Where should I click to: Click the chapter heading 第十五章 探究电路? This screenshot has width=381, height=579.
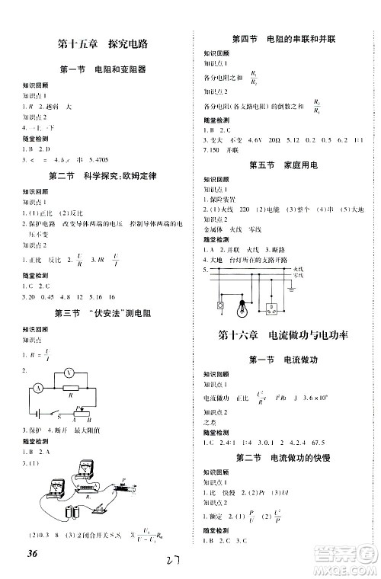[97, 42]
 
